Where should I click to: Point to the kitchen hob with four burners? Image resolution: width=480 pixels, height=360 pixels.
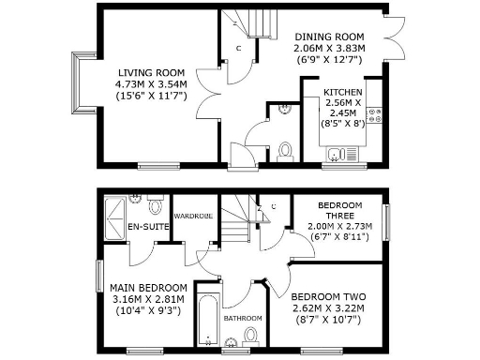375,115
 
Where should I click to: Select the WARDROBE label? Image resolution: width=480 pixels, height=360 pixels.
191,217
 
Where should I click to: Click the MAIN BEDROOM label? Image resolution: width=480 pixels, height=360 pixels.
148,287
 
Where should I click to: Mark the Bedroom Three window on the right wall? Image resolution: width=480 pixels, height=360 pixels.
385,221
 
